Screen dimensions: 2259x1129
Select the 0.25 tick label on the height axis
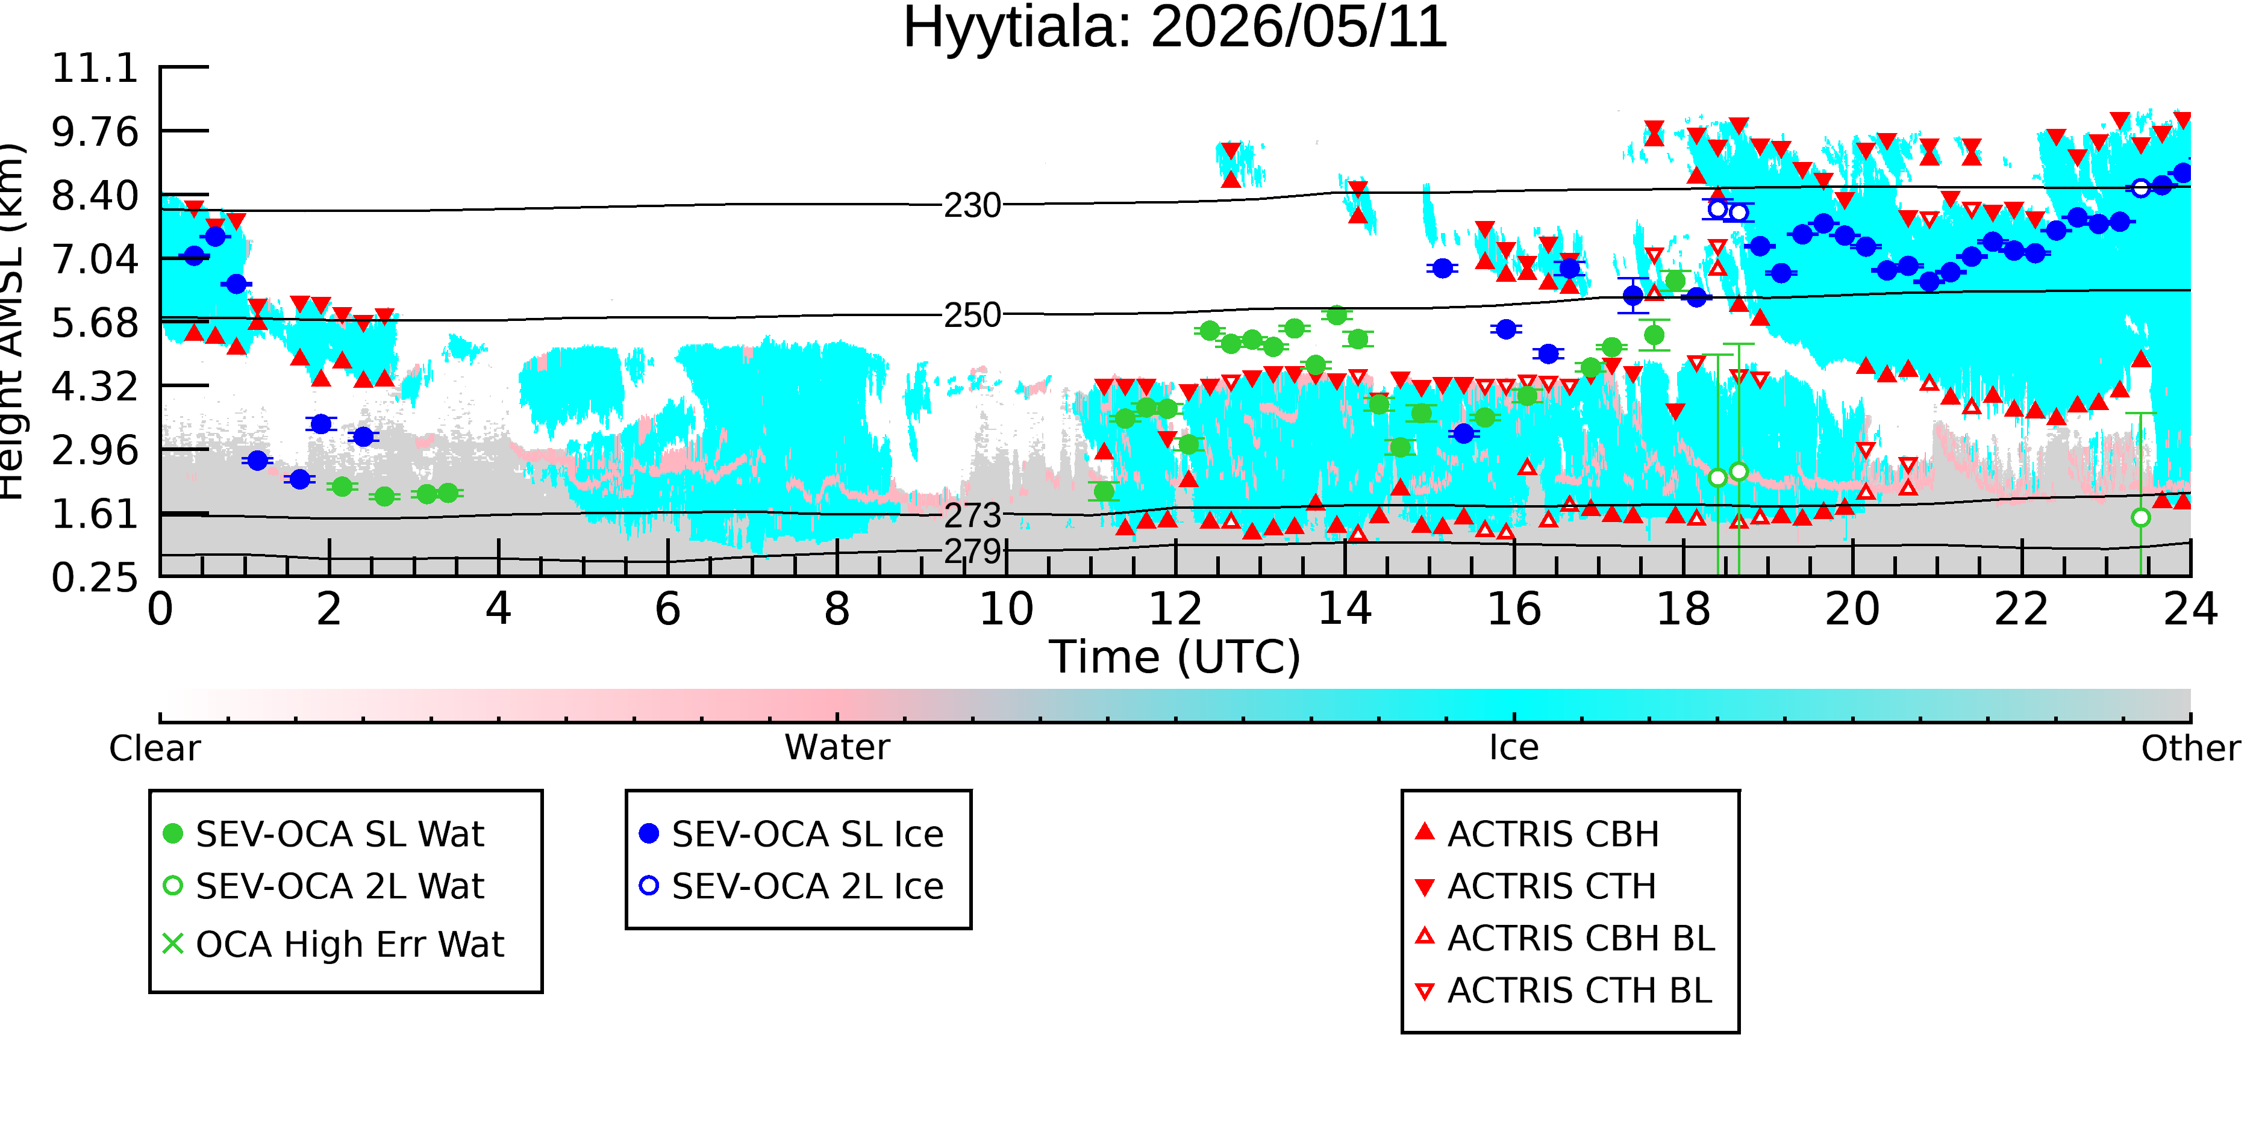coord(96,577)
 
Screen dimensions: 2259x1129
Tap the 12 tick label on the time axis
coord(1175,609)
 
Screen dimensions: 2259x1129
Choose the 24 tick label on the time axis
coord(2190,609)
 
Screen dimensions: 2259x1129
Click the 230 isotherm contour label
coord(972,206)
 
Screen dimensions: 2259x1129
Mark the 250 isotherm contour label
coord(972,316)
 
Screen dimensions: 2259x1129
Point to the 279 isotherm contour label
coord(972,552)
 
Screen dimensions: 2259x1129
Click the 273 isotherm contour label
coord(972,515)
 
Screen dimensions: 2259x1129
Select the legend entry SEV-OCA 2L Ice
coord(792,886)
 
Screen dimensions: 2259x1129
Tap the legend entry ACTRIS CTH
coord(1536,886)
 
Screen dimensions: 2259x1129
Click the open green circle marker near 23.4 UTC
coord(2140,518)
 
